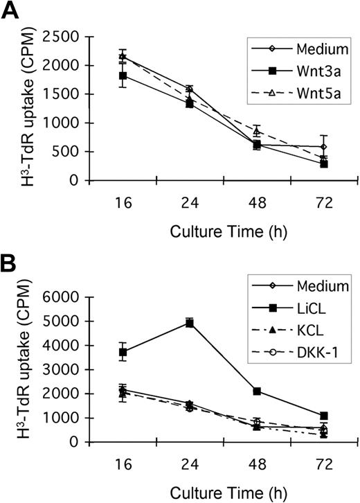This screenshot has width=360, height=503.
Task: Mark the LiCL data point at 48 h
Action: [257, 391]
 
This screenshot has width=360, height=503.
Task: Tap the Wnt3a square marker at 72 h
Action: [304, 164]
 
